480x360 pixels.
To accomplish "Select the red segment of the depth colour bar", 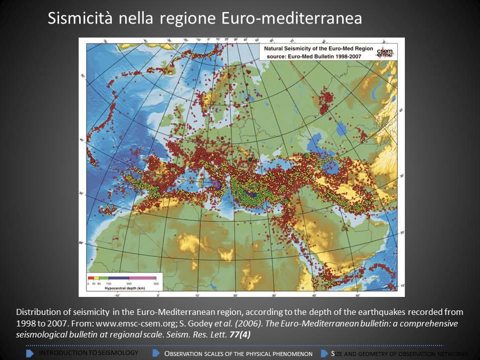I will (91, 277).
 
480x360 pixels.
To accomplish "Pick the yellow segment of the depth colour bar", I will (96, 277).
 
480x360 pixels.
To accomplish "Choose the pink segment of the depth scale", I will (143, 277).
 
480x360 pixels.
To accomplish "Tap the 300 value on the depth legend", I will (129, 283).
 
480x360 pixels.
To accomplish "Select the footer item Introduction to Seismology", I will (88, 353).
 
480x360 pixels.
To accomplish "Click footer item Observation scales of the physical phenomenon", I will (238, 353).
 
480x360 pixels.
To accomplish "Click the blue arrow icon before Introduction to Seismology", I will (30, 353).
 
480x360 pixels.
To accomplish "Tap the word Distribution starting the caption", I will (39, 311).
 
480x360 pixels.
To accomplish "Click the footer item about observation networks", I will (399, 353).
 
